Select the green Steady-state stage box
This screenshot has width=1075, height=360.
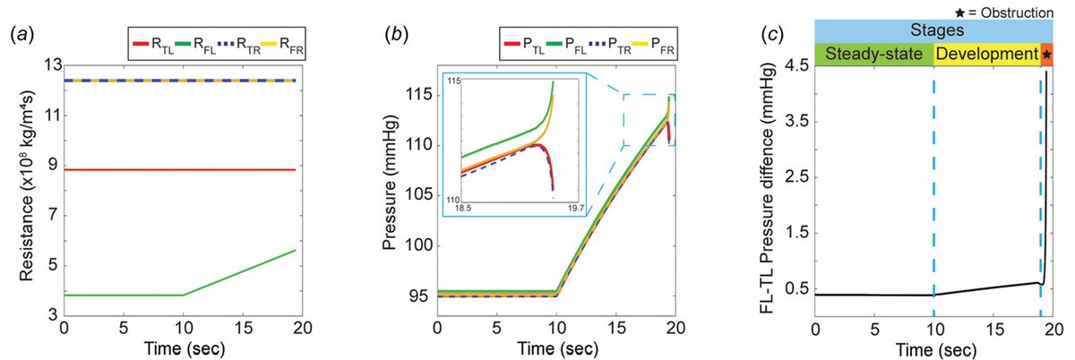click(x=873, y=55)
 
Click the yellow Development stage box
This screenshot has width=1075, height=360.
click(x=986, y=55)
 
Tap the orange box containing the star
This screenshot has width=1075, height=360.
click(x=1046, y=55)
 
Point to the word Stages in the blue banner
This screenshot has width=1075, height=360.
click(x=933, y=30)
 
